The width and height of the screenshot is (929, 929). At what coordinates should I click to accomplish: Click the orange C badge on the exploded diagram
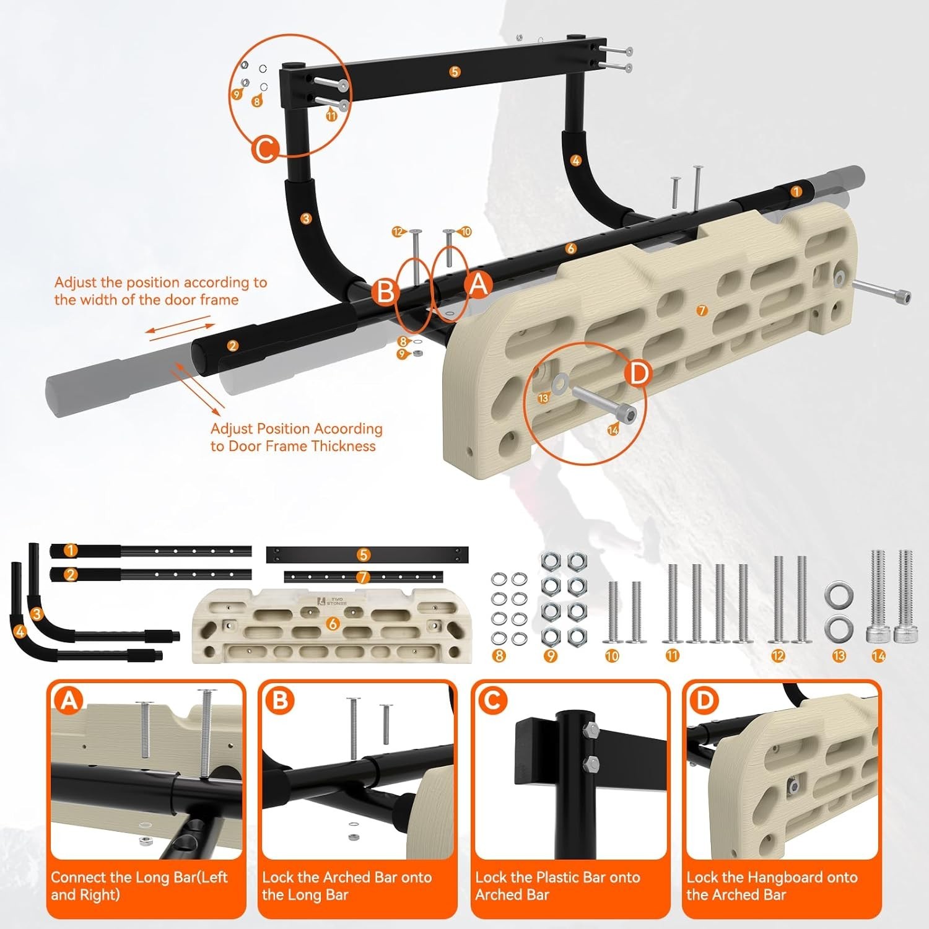[x=265, y=150]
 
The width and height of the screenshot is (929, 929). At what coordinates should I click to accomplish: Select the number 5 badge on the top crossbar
[x=455, y=72]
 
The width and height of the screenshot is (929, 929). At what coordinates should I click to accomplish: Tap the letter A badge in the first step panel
[x=69, y=700]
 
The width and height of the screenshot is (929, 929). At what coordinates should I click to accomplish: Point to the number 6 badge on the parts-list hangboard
[x=333, y=624]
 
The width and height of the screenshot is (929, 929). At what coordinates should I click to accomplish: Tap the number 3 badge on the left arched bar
[x=305, y=218]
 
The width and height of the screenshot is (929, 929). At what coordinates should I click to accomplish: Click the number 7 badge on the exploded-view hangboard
[x=702, y=310]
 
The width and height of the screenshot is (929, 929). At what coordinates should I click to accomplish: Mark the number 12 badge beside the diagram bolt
[x=398, y=232]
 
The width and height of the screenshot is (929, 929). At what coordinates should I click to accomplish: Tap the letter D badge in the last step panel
[x=704, y=700]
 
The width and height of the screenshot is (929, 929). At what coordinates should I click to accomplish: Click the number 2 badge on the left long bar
[x=232, y=346]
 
